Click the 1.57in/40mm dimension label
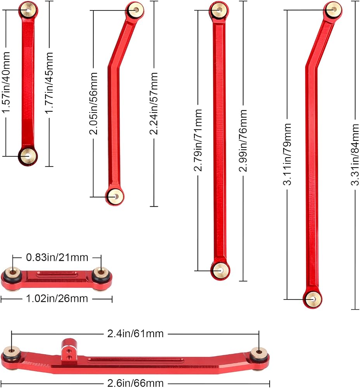point(6,82)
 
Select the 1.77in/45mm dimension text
point(49,83)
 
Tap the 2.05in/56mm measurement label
point(93,104)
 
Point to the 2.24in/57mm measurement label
point(154,104)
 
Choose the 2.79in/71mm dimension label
point(198,140)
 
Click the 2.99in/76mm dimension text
point(243,140)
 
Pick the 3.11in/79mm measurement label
point(287,154)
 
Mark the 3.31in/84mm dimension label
point(355,155)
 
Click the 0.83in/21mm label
point(57,258)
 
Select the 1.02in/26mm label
point(57,299)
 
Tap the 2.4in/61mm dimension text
point(135,334)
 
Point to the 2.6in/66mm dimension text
point(135,383)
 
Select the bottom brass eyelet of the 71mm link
point(220,270)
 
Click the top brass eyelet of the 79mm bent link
point(334,10)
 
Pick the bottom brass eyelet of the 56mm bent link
point(115,197)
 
